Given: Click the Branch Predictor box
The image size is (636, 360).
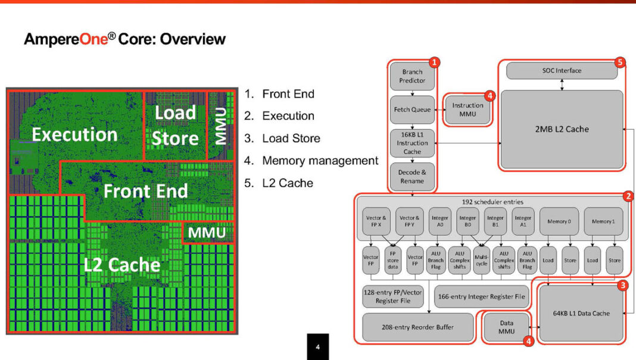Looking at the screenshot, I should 412,76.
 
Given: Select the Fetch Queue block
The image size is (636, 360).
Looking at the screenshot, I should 412,110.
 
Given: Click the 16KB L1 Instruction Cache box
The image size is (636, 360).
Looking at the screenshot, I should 412,143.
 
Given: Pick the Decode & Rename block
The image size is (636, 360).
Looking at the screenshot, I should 412,176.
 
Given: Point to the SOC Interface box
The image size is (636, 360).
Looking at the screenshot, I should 562,71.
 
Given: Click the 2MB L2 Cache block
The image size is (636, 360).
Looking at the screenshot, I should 562,129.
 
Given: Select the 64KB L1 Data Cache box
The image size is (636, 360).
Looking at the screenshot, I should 581,313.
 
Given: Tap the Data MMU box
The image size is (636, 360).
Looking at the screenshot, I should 506,327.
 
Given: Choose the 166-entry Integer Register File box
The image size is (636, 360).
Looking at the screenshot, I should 481,296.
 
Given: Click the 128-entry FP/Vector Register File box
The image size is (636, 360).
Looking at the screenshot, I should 394,296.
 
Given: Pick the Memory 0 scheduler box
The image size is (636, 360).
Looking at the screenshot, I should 559,221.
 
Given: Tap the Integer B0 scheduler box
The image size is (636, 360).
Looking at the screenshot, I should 467,221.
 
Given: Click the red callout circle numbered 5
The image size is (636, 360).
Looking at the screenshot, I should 621,62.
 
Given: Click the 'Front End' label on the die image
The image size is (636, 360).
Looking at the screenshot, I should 145,191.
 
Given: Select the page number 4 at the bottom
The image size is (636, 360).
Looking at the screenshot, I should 317,347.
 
